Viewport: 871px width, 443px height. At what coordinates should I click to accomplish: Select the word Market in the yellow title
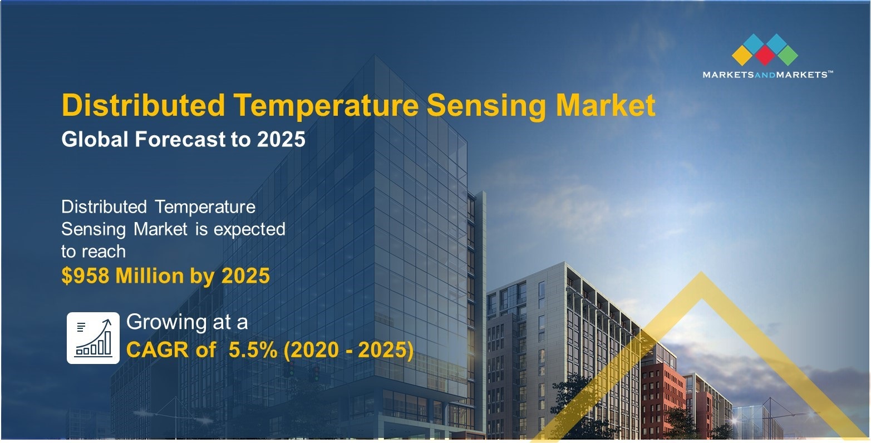(606, 105)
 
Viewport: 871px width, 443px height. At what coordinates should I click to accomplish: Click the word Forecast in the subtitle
(180, 139)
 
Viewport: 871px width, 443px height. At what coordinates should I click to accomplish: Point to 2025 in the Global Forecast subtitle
(281, 139)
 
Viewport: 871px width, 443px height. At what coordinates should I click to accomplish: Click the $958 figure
(85, 275)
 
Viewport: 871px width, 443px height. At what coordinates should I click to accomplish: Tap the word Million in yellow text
(149, 275)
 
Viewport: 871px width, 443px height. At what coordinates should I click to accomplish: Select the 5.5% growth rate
(253, 350)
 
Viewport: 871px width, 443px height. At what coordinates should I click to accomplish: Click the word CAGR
(158, 350)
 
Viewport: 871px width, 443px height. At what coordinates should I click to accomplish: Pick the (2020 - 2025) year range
(348, 350)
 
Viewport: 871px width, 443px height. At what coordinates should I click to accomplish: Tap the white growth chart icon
(93, 338)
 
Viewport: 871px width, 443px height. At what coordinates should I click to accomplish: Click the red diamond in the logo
(765, 56)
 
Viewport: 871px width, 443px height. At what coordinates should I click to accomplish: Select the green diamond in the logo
(788, 56)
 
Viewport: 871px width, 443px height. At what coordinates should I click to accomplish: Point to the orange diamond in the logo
(742, 56)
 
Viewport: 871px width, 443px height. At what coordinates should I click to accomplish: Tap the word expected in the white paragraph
(249, 230)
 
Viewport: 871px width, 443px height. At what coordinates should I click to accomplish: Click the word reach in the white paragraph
(104, 252)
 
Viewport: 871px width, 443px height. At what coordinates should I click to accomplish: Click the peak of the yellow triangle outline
(701, 272)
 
